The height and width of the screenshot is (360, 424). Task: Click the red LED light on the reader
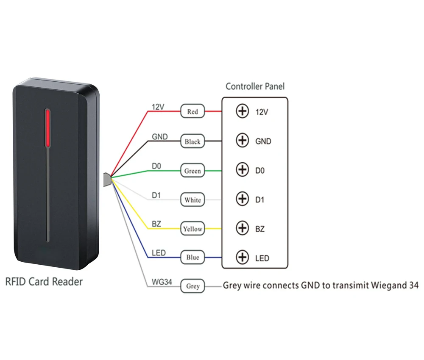(x=48, y=128)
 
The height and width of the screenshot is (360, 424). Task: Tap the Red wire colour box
(x=192, y=112)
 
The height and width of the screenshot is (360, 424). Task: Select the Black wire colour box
(x=192, y=141)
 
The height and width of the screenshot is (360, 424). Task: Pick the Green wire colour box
(x=192, y=171)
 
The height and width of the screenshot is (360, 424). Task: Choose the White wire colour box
(x=192, y=200)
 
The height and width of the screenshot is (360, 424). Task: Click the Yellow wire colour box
(x=192, y=229)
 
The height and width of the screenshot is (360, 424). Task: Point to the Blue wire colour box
(x=192, y=258)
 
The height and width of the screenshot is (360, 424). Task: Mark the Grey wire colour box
(x=192, y=286)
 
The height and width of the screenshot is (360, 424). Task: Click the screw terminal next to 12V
(x=242, y=112)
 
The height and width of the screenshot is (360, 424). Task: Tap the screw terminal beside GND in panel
(x=242, y=141)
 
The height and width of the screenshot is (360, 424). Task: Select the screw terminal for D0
(x=242, y=170)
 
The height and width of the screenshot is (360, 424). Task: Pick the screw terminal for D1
(x=242, y=199)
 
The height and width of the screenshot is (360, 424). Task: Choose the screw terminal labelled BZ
(x=242, y=228)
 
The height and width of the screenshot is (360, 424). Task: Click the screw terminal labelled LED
(x=242, y=258)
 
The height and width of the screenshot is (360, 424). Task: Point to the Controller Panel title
(x=255, y=86)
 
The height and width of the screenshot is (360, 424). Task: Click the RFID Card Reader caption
(x=44, y=281)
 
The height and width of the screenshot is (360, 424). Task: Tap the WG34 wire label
(x=162, y=282)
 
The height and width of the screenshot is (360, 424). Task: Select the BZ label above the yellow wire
(x=156, y=224)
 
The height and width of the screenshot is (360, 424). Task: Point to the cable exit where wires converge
(x=107, y=179)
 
